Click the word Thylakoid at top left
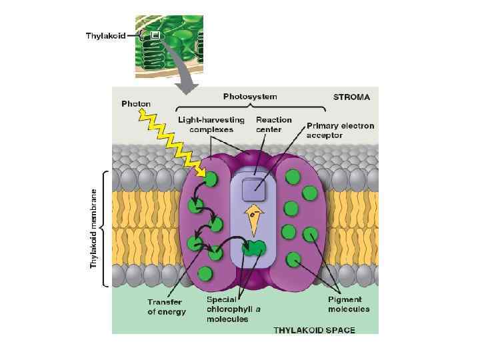(105, 35)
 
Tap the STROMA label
(351, 97)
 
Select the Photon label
(136, 104)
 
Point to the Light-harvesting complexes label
(211, 125)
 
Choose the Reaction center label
(274, 125)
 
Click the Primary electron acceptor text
(340, 130)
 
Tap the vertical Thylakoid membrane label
(93, 229)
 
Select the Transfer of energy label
(166, 307)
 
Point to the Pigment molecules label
(349, 304)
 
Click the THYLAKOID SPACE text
(315, 329)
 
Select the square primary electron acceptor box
(253, 190)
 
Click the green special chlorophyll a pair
(254, 248)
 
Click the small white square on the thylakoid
(155, 35)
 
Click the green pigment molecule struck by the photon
(211, 179)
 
